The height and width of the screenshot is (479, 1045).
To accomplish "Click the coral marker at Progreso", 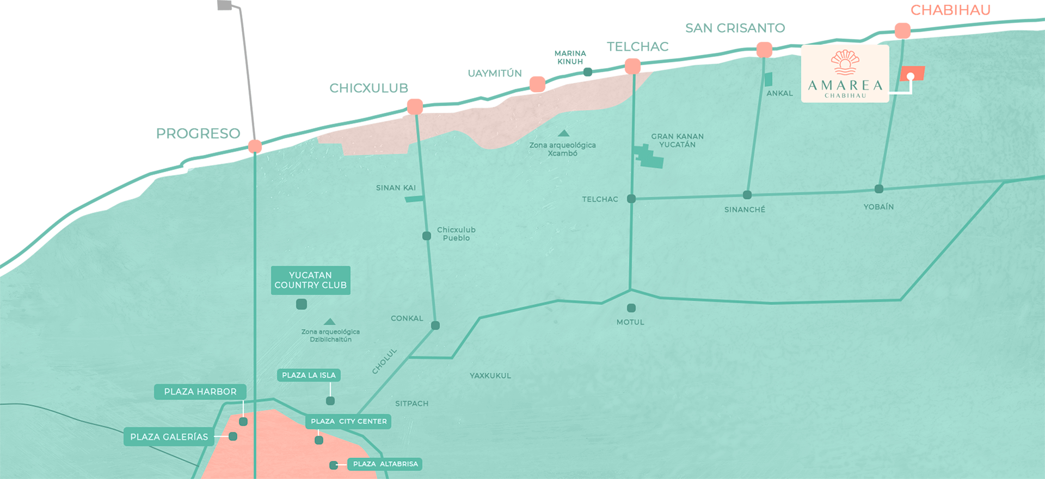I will click(255, 146).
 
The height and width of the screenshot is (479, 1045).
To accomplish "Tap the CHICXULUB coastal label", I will click(368, 88).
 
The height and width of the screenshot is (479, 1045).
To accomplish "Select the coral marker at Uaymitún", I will click(537, 84).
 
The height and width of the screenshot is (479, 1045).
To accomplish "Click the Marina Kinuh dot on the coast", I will click(587, 72).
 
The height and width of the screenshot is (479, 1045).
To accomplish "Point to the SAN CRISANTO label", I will click(735, 28).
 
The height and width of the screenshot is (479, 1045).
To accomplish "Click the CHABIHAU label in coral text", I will click(950, 10).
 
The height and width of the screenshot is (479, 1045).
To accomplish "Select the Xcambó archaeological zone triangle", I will click(563, 134).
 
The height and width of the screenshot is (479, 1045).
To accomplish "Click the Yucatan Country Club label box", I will click(310, 280).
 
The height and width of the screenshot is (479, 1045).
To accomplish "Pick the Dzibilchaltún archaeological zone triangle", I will click(329, 322).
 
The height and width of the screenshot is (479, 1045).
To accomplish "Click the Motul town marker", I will click(631, 308).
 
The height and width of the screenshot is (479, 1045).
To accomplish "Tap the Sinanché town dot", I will click(747, 195).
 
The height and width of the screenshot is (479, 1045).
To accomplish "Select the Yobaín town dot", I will click(878, 189).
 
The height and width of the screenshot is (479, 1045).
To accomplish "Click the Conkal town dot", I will click(435, 325).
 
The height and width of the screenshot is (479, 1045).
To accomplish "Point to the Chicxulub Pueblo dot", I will click(427, 236).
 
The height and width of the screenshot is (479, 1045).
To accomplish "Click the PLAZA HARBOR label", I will click(200, 392).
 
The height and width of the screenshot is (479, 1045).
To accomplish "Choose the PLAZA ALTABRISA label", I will click(385, 464).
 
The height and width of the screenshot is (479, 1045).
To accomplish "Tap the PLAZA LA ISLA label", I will click(309, 375).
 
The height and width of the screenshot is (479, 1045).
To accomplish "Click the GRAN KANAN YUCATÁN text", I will click(677, 141).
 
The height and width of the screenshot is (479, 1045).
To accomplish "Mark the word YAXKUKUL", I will click(490, 375).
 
